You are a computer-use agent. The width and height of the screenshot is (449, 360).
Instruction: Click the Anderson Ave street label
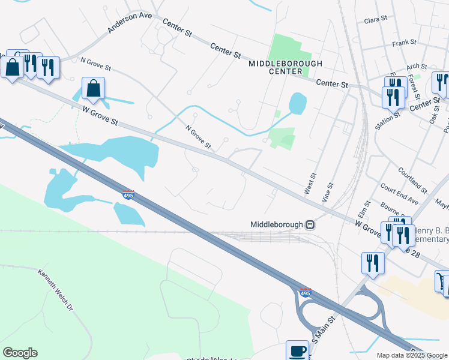[130, 23]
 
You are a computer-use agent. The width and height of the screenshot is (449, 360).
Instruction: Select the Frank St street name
[404, 43]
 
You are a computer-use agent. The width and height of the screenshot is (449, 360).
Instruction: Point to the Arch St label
[416, 67]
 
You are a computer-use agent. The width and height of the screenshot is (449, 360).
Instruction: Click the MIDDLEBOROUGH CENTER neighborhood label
[286, 67]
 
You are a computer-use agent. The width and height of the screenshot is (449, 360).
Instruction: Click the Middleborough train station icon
[310, 224]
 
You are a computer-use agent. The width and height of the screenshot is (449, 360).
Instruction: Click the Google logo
[20, 353]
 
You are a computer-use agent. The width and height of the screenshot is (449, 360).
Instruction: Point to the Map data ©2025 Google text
[412, 355]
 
